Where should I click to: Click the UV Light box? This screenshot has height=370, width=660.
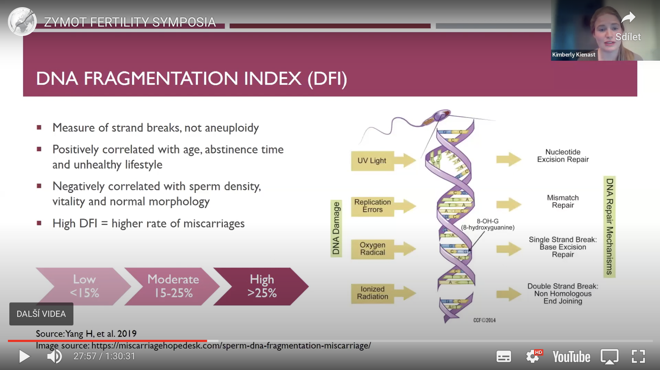click(x=372, y=161)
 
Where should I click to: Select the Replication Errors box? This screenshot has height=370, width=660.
click(x=372, y=206)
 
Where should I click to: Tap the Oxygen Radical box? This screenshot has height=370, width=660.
click(x=372, y=249)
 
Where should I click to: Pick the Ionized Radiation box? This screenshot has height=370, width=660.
click(x=372, y=293)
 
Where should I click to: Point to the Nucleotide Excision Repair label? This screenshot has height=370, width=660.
click(x=563, y=156)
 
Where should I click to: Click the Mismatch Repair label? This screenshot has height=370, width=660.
click(x=563, y=202)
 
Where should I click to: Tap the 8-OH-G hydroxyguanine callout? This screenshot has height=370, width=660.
click(x=488, y=225)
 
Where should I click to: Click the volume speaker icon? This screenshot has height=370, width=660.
click(x=54, y=356)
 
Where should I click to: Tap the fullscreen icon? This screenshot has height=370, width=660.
click(x=638, y=356)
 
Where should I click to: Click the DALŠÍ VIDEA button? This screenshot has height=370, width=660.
click(x=41, y=314)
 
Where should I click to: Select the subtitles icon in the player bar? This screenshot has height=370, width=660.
click(x=503, y=357)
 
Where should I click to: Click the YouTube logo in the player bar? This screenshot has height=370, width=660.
click(x=571, y=357)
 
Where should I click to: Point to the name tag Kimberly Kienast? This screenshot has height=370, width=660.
click(x=574, y=55)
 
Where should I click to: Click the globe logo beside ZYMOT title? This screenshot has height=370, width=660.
click(x=22, y=22)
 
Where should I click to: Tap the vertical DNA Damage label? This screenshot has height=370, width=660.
click(x=336, y=228)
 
